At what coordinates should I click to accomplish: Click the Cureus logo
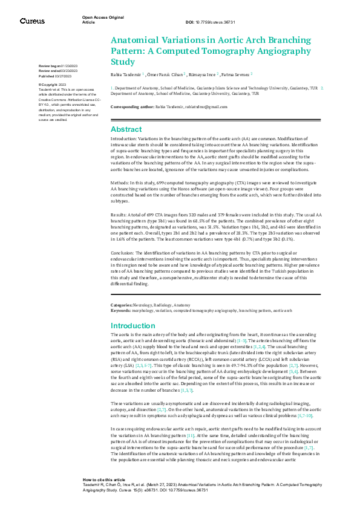[x=32, y=21]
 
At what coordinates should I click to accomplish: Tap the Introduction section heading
[x=133, y=325]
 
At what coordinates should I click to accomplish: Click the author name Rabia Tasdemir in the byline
[x=125, y=74]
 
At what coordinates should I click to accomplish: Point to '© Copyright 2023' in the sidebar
[x=52, y=84]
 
